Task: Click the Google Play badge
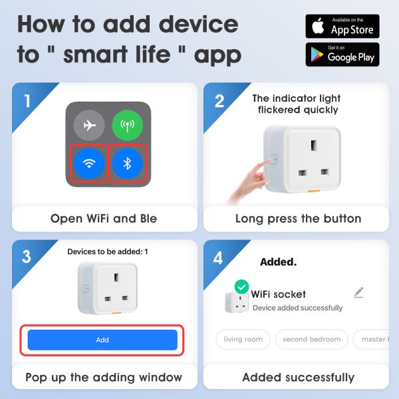coord(342,55)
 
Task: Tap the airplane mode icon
coord(89,126)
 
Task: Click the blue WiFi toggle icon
coord(89,164)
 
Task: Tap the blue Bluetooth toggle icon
coord(128,164)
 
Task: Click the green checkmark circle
coord(241,287)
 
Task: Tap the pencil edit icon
coord(358,293)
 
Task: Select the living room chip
coord(243,339)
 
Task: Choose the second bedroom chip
coord(311,339)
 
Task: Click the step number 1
coord(27,101)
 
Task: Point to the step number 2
coord(219,101)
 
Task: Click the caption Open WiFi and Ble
coord(104,219)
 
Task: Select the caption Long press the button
coord(298,219)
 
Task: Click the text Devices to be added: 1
coord(108,252)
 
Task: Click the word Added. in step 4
coord(278,261)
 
